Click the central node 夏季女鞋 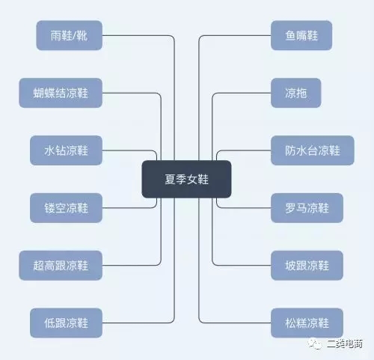[x=186, y=179]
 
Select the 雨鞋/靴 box [x=70, y=35]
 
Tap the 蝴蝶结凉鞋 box [x=61, y=93]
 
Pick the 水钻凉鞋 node [x=66, y=150]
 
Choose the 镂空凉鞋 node [x=66, y=208]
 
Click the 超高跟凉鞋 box [x=61, y=266]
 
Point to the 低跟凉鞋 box [x=66, y=323]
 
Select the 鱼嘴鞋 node [x=301, y=35]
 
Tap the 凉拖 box [x=296, y=93]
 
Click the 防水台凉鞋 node [x=313, y=150]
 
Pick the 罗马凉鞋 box [x=307, y=208]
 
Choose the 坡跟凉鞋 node [x=307, y=266]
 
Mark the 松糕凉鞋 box [x=307, y=323]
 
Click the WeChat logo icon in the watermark [x=315, y=344]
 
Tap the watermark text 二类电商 [x=345, y=344]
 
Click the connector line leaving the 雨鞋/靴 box [x=174, y=62]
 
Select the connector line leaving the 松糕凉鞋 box [x=199, y=297]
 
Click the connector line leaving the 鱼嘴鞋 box [x=199, y=62]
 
